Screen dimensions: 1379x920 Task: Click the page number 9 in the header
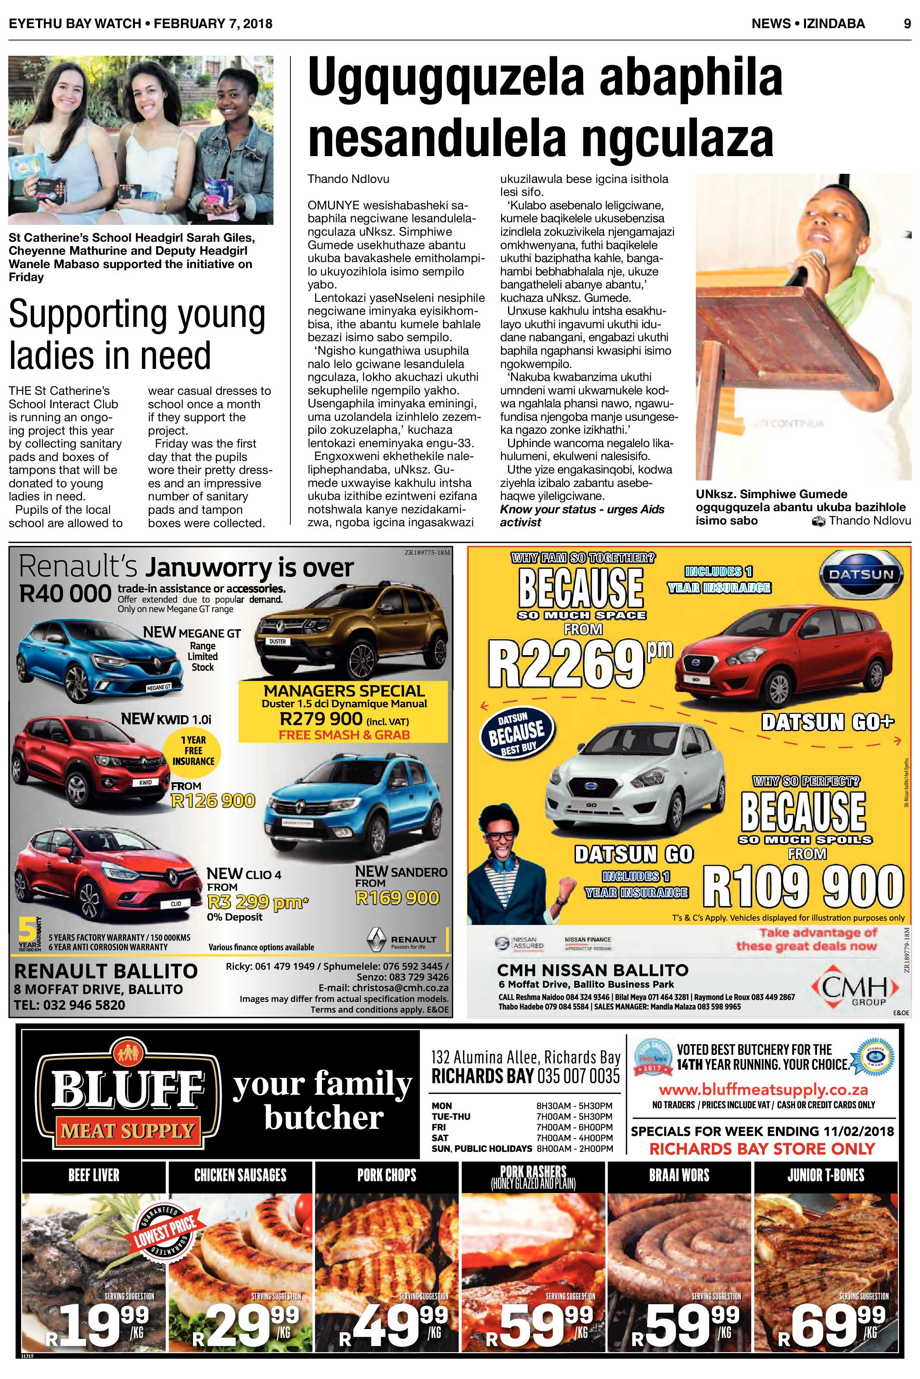(x=907, y=23)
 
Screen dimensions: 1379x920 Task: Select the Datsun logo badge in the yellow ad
(x=861, y=574)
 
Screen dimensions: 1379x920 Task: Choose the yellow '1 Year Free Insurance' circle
(x=193, y=751)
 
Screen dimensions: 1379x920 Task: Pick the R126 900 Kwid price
(x=213, y=801)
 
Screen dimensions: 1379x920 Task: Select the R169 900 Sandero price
(x=397, y=898)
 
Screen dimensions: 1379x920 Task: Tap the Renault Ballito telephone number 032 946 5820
(x=70, y=1005)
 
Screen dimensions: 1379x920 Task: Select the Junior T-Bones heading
(x=826, y=1174)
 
